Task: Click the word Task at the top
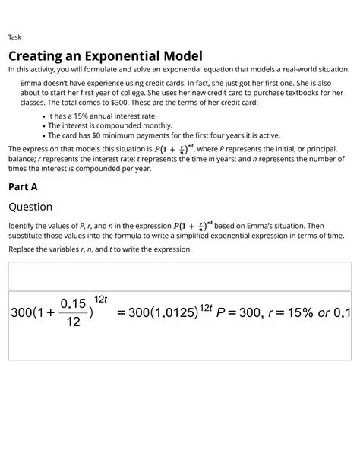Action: click(14, 37)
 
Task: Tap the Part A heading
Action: click(23, 186)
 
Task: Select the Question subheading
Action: click(30, 207)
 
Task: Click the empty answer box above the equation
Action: click(179, 275)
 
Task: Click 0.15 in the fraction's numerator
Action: click(73, 303)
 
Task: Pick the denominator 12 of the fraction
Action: click(73, 322)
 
